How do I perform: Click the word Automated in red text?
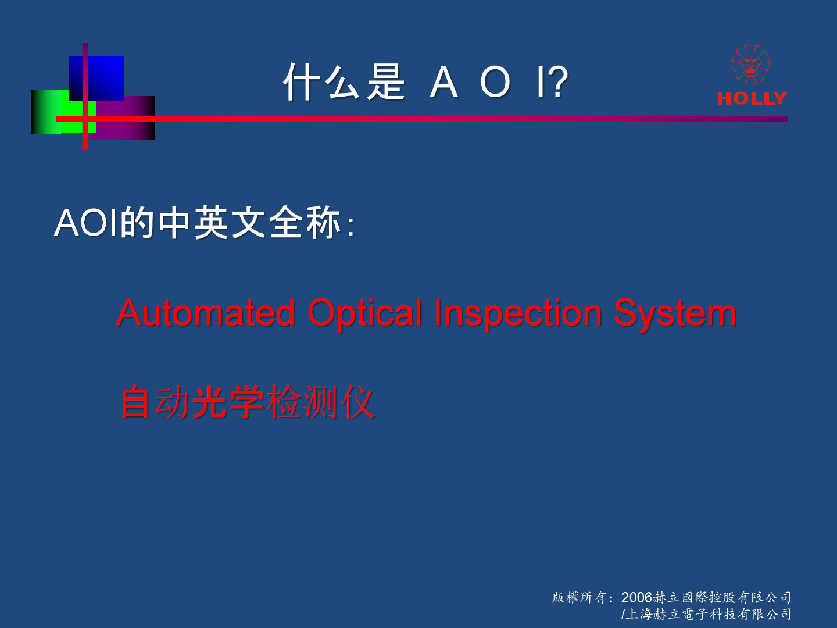[x=206, y=313]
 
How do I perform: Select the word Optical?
[x=365, y=315]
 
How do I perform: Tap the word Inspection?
[x=518, y=315]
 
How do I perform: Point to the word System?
[x=675, y=315]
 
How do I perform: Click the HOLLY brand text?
[x=752, y=98]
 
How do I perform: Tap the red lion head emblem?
[x=750, y=64]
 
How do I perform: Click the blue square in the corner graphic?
[x=96, y=78]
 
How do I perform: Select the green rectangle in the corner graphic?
[x=63, y=112]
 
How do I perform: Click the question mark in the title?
[x=558, y=81]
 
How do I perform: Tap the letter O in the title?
[x=495, y=81]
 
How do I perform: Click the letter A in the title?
[x=444, y=81]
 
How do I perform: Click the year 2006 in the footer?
[x=637, y=598]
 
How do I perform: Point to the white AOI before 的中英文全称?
[x=85, y=223]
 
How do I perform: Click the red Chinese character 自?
[x=135, y=402]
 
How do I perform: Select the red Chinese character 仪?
[x=358, y=402]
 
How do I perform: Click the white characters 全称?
[x=305, y=223]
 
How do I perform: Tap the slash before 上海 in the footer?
[x=623, y=614]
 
